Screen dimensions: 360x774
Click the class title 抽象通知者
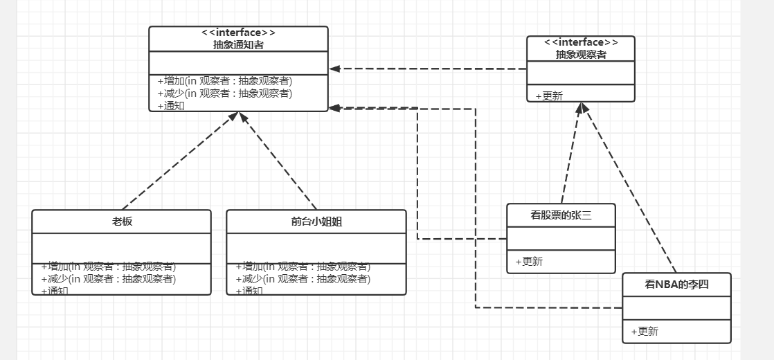click(238, 44)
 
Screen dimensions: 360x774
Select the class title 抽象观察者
click(580, 54)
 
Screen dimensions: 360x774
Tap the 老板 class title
click(122, 222)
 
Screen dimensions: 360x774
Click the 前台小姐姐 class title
click(316, 222)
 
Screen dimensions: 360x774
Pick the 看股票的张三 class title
click(561, 215)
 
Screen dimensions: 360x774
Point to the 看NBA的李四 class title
click(676, 284)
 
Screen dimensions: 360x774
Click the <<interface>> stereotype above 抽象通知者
click(238, 33)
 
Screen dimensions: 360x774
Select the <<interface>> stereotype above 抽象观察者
click(580, 42)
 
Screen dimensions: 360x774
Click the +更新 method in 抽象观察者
click(549, 96)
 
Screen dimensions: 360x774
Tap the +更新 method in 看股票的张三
click(529, 261)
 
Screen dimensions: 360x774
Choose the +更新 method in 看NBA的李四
click(645, 331)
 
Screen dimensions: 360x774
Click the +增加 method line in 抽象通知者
click(224, 81)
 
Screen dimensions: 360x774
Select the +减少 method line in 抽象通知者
click(224, 93)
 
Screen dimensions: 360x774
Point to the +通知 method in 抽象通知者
click(171, 106)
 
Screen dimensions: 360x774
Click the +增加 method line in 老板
click(108, 267)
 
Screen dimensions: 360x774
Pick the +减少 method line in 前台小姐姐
click(303, 279)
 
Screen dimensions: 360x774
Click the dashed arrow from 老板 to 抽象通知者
click(180, 161)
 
